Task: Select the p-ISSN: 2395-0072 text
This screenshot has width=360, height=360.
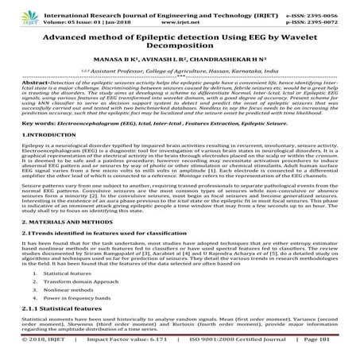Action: pos(320,14)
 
